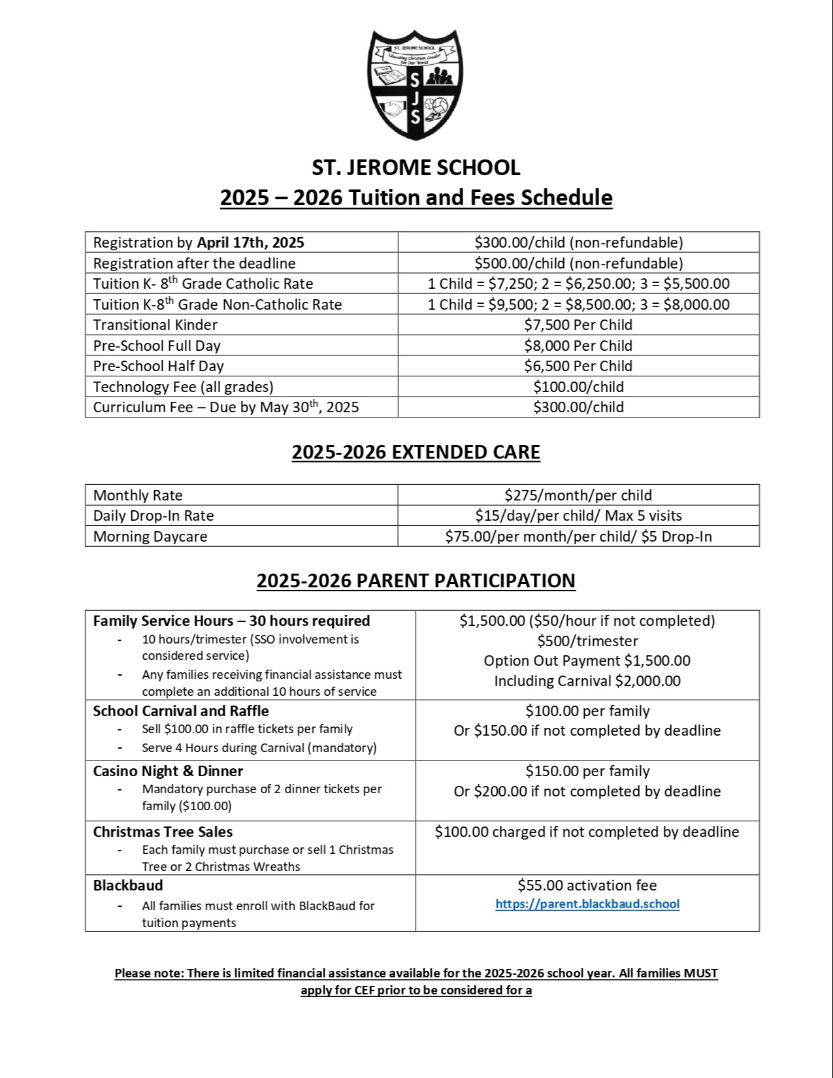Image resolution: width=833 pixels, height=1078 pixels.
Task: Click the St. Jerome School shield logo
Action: (416, 84)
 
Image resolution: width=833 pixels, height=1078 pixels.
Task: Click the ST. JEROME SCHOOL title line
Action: (416, 168)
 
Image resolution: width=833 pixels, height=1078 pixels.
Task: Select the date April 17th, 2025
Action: (251, 243)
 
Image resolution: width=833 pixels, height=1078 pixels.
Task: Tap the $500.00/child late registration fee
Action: (578, 263)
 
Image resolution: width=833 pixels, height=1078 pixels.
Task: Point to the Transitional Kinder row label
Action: (155, 325)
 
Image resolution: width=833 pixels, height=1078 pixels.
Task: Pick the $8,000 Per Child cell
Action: (578, 346)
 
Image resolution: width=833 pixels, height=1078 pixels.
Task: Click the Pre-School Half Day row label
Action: (158, 367)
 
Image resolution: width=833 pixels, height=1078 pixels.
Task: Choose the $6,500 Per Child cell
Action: (578, 366)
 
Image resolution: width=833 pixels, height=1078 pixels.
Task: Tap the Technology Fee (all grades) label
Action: (183, 387)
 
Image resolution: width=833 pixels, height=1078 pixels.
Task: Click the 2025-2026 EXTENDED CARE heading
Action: (416, 453)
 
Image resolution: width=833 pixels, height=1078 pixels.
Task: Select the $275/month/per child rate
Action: (578, 495)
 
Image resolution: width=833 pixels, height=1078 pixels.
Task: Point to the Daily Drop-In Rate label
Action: (154, 516)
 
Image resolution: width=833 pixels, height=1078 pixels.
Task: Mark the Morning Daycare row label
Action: (150, 537)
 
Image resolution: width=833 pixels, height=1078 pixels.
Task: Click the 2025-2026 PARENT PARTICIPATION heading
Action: (416, 581)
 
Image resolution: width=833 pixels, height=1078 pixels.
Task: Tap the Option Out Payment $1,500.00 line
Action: (587, 661)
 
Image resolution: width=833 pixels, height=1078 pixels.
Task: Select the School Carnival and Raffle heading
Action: (181, 711)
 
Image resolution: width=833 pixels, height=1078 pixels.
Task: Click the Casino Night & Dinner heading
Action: (168, 771)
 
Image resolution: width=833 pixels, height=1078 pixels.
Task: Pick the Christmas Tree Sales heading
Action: (163, 832)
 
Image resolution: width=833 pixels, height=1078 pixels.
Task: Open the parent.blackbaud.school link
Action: (587, 904)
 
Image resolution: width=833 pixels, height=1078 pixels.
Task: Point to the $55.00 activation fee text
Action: (587, 886)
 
